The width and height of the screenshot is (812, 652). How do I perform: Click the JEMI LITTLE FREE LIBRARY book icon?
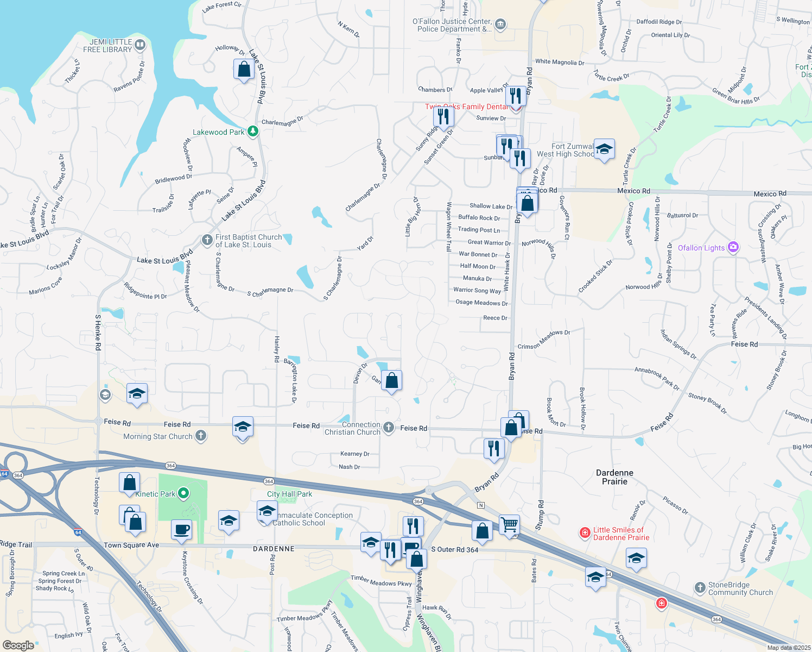click(140, 45)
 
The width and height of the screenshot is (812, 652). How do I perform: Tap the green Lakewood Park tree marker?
click(252, 131)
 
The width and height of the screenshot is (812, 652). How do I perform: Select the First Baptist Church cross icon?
click(207, 240)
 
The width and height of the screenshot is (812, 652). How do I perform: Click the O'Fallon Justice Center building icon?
click(500, 24)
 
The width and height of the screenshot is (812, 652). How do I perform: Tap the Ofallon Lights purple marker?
click(733, 248)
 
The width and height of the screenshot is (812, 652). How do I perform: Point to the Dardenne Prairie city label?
click(614, 477)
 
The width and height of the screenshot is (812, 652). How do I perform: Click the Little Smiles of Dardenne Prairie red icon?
click(585, 532)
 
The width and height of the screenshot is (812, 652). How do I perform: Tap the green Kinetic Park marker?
click(183, 493)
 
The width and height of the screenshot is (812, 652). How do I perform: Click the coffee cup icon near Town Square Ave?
click(181, 529)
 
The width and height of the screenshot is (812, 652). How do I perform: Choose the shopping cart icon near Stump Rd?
click(509, 525)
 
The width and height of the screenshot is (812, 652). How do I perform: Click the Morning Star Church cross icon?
click(201, 435)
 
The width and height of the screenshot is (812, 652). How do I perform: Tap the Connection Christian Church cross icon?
click(389, 428)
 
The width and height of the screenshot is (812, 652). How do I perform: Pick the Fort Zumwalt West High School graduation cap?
click(604, 149)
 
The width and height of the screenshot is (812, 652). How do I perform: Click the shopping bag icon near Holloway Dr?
click(244, 70)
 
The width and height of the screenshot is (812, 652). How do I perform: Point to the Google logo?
click(18, 645)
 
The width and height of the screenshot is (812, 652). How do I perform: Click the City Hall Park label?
click(289, 494)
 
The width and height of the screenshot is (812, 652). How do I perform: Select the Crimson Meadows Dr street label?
click(544, 339)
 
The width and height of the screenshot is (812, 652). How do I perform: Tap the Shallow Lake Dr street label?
click(491, 206)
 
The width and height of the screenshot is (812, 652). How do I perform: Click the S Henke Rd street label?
click(98, 331)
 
